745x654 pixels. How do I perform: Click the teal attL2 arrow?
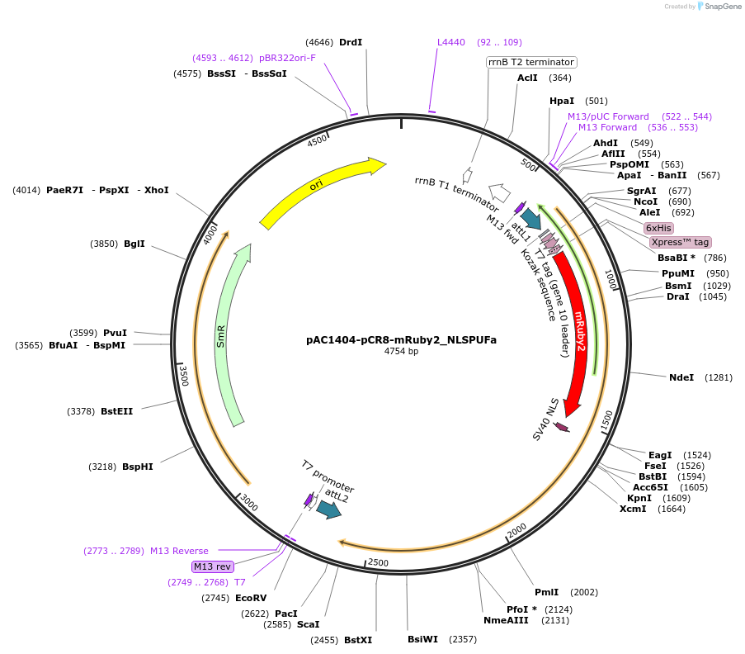[x=329, y=509]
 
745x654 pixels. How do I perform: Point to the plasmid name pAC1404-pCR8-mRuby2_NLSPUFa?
[x=402, y=340]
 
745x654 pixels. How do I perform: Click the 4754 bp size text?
[x=402, y=352]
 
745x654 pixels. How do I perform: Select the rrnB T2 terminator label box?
[x=531, y=62]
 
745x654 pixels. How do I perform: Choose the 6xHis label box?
[x=658, y=228]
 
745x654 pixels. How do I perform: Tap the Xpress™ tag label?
[x=681, y=242]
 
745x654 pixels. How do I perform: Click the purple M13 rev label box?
[x=212, y=566]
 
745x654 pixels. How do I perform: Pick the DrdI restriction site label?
[x=351, y=42]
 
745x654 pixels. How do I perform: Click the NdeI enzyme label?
[x=681, y=377]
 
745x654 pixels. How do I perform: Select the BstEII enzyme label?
[x=117, y=411]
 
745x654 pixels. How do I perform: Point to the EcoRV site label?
[x=251, y=598]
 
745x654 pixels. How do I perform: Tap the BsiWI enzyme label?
[x=423, y=639]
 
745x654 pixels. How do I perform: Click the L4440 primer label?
[x=451, y=42]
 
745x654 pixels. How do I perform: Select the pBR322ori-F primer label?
[x=287, y=58]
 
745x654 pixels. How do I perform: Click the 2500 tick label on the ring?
[x=378, y=562]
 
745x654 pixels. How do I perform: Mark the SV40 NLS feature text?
[x=545, y=419]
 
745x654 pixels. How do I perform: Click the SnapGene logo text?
[x=723, y=6]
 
